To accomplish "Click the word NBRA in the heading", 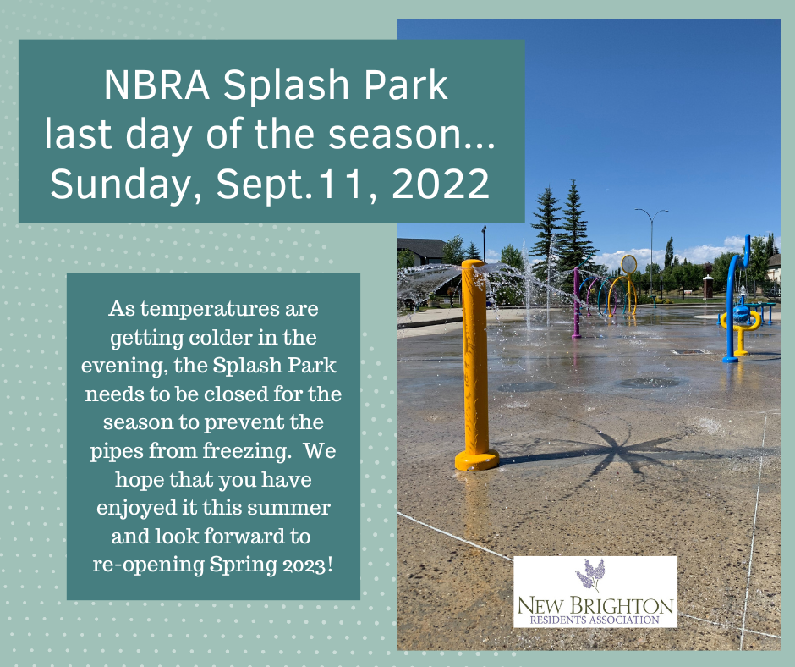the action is tap(156, 85).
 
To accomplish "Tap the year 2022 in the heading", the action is tap(440, 183).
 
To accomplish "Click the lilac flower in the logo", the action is tap(590, 576).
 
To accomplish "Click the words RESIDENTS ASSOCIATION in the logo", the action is tap(595, 620).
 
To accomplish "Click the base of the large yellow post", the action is tap(477, 460).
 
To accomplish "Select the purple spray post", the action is tap(577, 304).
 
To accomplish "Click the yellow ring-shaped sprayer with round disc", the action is tap(628, 284).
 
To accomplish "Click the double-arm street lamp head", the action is tap(651, 211).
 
